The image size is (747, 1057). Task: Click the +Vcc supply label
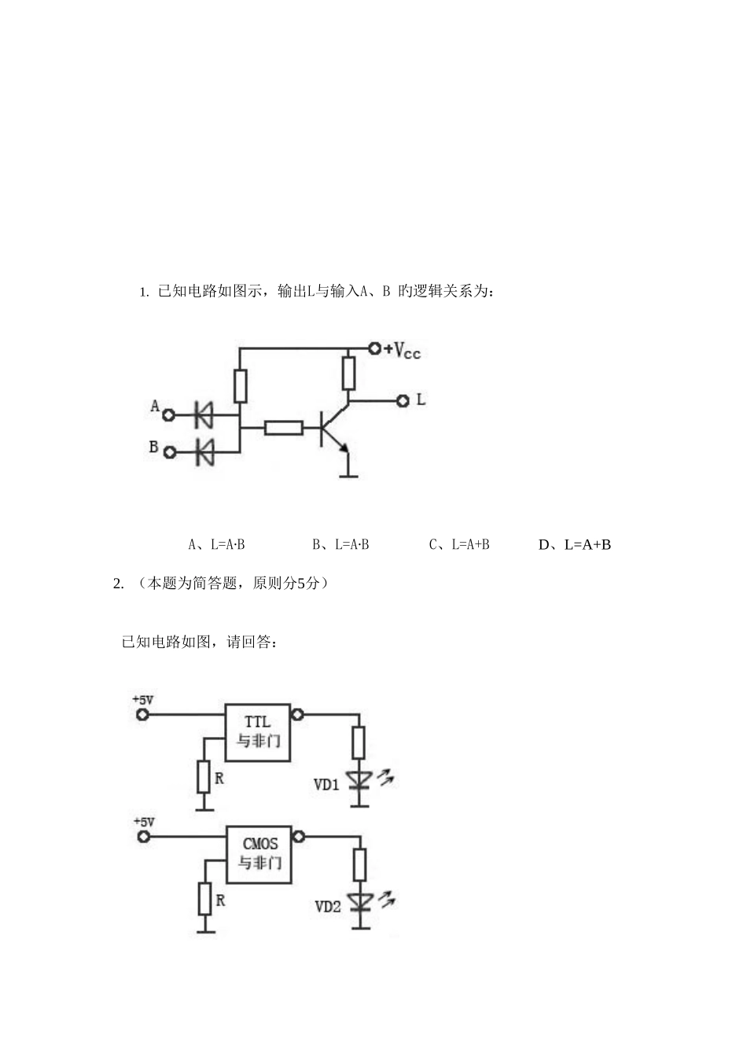pyautogui.click(x=402, y=350)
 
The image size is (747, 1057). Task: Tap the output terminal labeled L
pyautogui.click(x=403, y=400)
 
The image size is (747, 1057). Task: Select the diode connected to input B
pyautogui.click(x=204, y=451)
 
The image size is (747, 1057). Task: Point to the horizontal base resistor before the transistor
pyautogui.click(x=283, y=428)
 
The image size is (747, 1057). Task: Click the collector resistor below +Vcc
pyautogui.click(x=348, y=373)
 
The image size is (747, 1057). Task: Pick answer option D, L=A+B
pyautogui.click(x=575, y=544)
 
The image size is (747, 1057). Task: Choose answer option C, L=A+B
pyautogui.click(x=460, y=544)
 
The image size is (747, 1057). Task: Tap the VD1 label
pyautogui.click(x=326, y=784)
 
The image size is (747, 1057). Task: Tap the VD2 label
pyautogui.click(x=328, y=906)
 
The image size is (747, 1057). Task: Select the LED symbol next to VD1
pyautogui.click(x=360, y=779)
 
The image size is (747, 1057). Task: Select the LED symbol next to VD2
pyautogui.click(x=361, y=901)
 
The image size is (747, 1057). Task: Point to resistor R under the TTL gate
pyautogui.click(x=204, y=778)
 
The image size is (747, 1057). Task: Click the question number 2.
pyautogui.click(x=118, y=584)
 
